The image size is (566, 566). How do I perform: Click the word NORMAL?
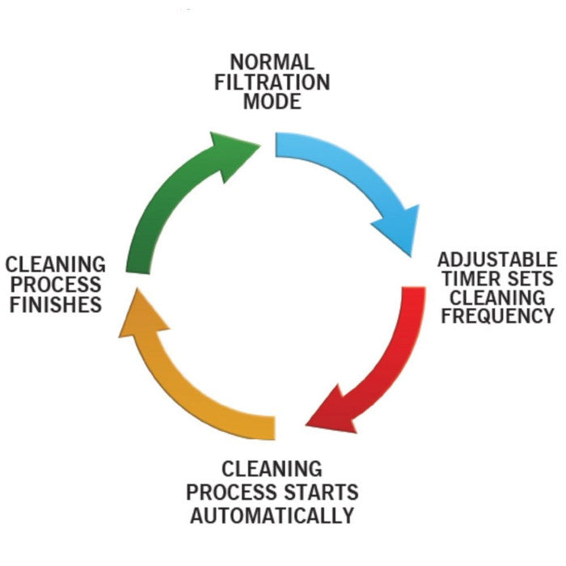pos(271,62)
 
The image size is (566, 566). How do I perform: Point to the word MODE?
pos(272,102)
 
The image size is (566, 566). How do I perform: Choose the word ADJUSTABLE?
pos(497,260)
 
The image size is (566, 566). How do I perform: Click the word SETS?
pos(532,278)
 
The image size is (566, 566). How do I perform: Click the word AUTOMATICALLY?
pos(272,515)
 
